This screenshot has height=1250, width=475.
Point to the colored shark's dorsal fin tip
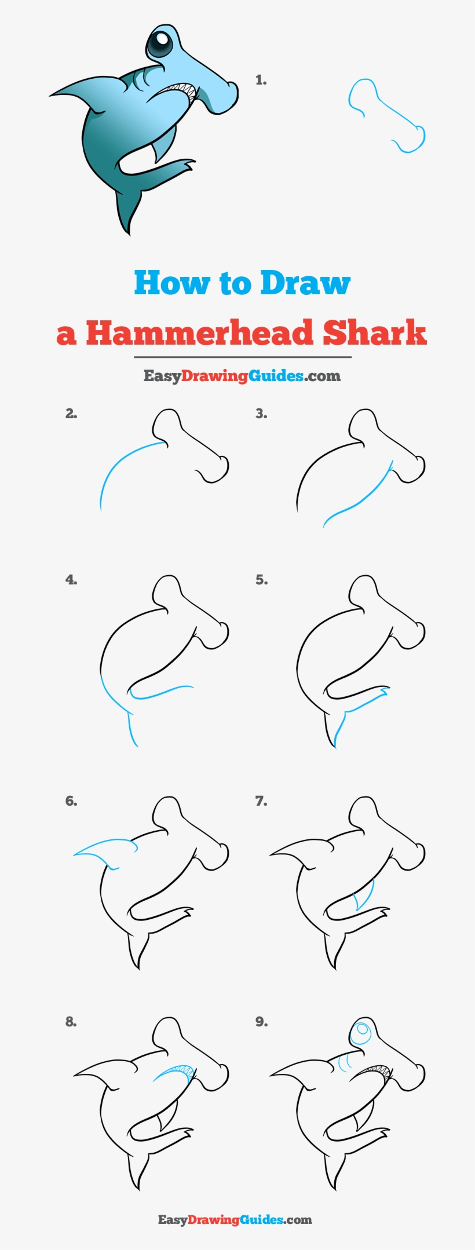click(53, 94)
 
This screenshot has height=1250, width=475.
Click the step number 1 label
click(261, 80)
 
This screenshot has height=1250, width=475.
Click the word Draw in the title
click(305, 283)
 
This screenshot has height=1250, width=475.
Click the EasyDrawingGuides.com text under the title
click(242, 376)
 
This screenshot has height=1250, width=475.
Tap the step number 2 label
click(71, 414)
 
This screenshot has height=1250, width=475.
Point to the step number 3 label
click(261, 414)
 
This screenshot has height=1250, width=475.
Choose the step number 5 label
click(261, 580)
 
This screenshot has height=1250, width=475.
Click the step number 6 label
click(71, 801)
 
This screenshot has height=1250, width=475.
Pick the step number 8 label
click(71, 1022)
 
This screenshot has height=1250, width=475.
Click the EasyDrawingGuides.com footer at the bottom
click(235, 1219)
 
